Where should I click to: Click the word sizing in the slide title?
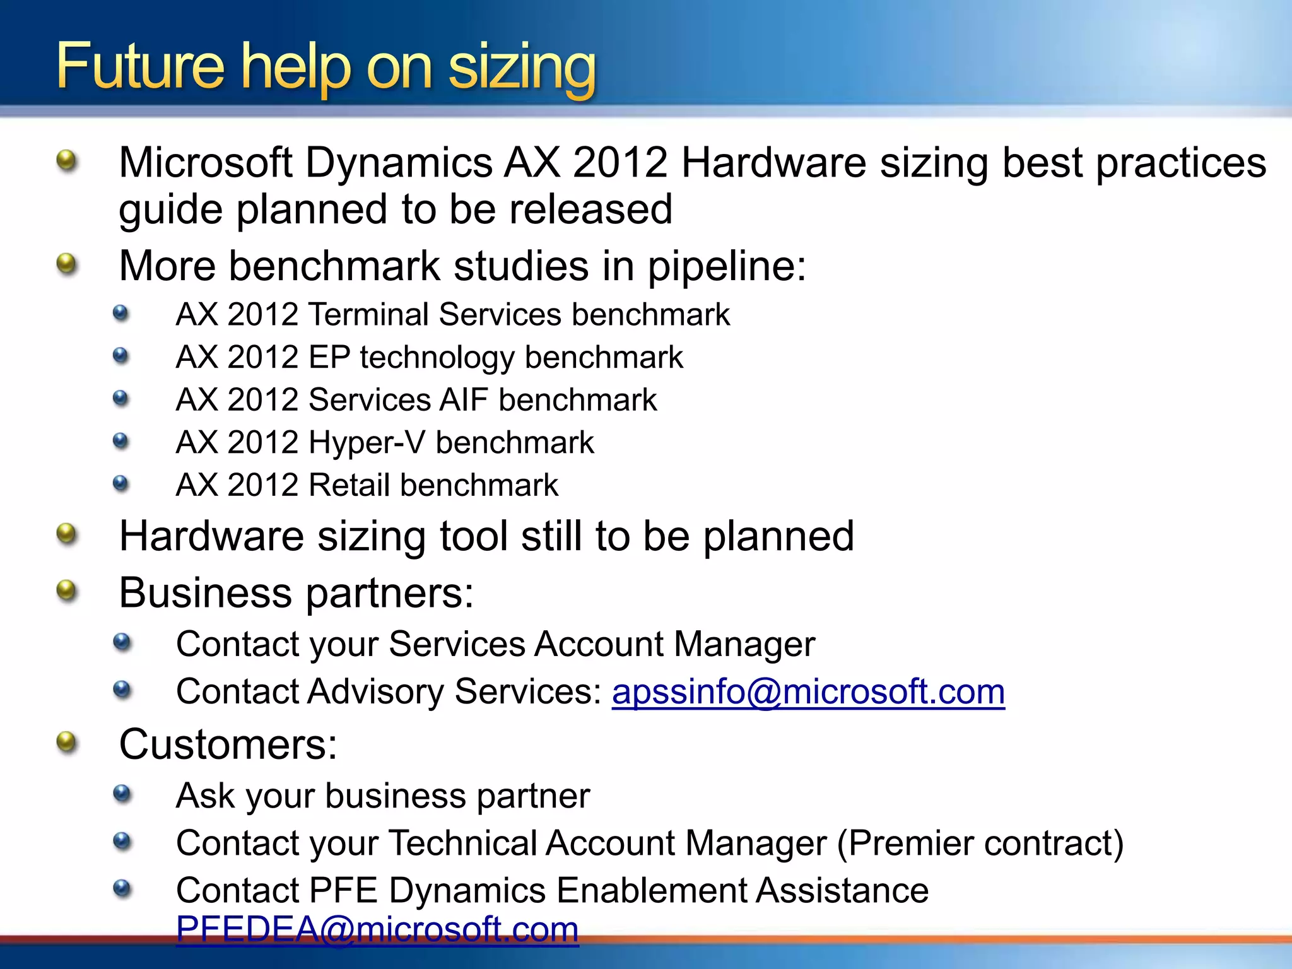click(522, 67)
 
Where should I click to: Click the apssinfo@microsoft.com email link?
click(808, 692)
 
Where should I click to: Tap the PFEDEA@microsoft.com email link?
click(377, 929)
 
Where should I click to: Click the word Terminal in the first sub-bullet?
click(369, 315)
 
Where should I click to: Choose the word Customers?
click(228, 744)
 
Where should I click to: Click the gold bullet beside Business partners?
click(66, 592)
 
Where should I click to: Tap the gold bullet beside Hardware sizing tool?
click(66, 534)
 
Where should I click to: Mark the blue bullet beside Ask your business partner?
click(122, 794)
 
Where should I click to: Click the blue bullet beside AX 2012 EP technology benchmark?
click(121, 356)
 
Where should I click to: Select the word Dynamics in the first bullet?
click(399, 163)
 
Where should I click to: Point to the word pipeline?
click(727, 266)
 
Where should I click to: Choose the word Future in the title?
click(140, 66)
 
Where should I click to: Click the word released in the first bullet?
click(590, 210)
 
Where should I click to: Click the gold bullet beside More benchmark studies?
click(66, 264)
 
